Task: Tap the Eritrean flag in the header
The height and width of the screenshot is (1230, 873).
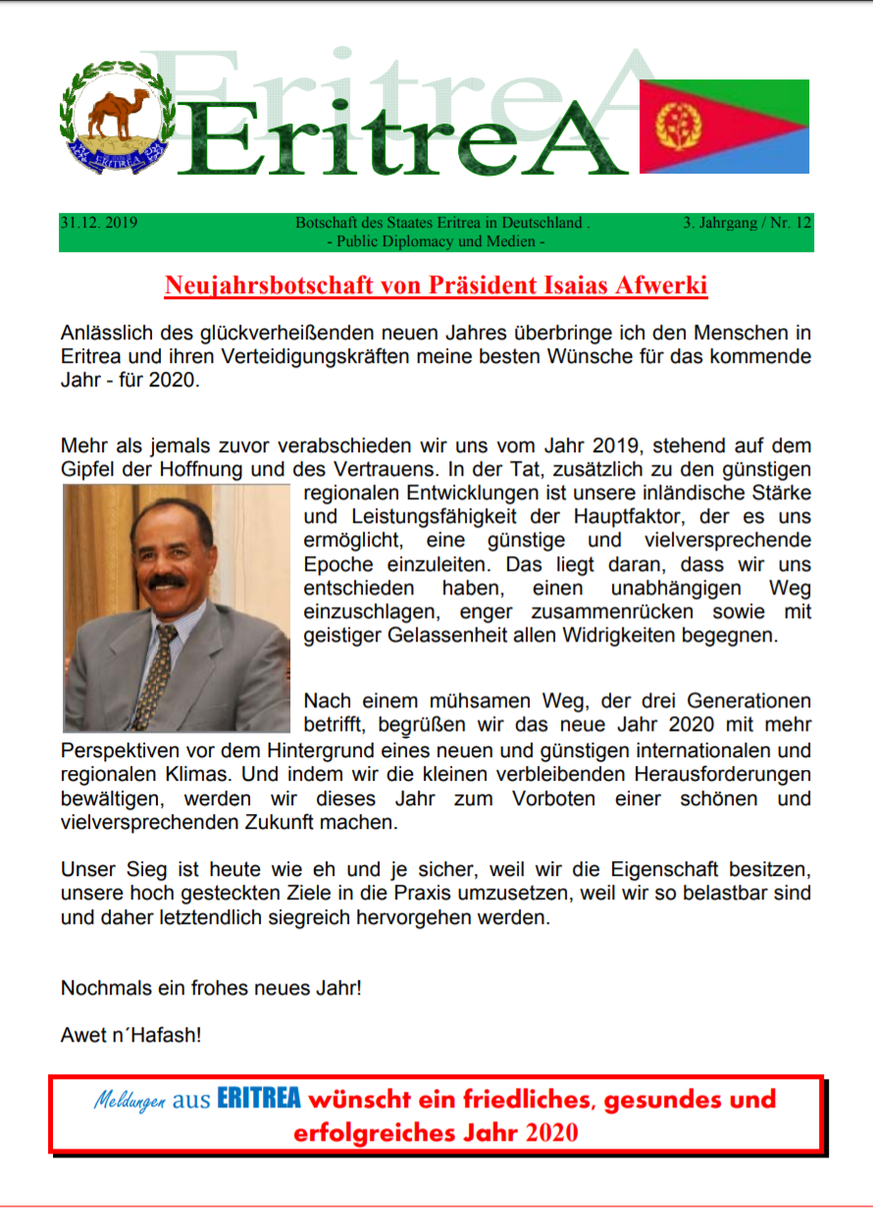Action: pyautogui.click(x=724, y=127)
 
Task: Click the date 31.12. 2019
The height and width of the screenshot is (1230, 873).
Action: pyautogui.click(x=98, y=223)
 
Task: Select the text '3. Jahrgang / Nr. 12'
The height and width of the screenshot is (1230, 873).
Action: pyautogui.click(x=747, y=223)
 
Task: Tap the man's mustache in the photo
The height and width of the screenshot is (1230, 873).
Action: pyautogui.click(x=167, y=582)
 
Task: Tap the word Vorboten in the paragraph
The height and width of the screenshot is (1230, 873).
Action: pyautogui.click(x=553, y=798)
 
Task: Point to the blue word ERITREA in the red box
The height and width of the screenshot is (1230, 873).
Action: pyautogui.click(x=259, y=1099)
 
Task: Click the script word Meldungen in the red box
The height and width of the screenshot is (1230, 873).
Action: pyautogui.click(x=129, y=1100)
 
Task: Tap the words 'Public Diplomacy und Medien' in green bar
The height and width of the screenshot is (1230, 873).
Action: pyautogui.click(x=440, y=240)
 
